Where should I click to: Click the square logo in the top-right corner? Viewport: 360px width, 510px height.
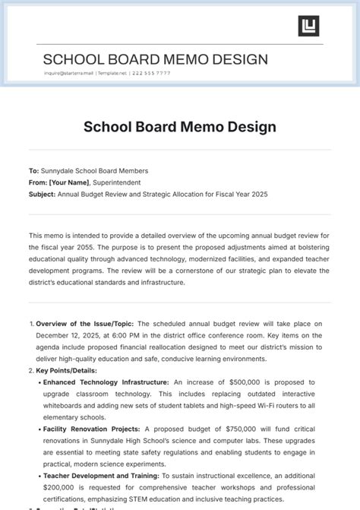308,26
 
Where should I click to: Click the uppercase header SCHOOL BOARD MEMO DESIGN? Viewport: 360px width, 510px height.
155,59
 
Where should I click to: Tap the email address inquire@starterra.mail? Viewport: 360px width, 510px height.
68,74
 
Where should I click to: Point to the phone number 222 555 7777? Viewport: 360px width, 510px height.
151,74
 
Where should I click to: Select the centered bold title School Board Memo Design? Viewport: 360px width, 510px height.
179,126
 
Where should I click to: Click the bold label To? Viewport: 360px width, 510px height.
33,171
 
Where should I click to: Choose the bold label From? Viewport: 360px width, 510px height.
38,182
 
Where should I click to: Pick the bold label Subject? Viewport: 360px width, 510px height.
43,194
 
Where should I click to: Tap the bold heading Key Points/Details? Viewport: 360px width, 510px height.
67,370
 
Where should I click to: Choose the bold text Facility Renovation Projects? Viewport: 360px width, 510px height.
93,429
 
